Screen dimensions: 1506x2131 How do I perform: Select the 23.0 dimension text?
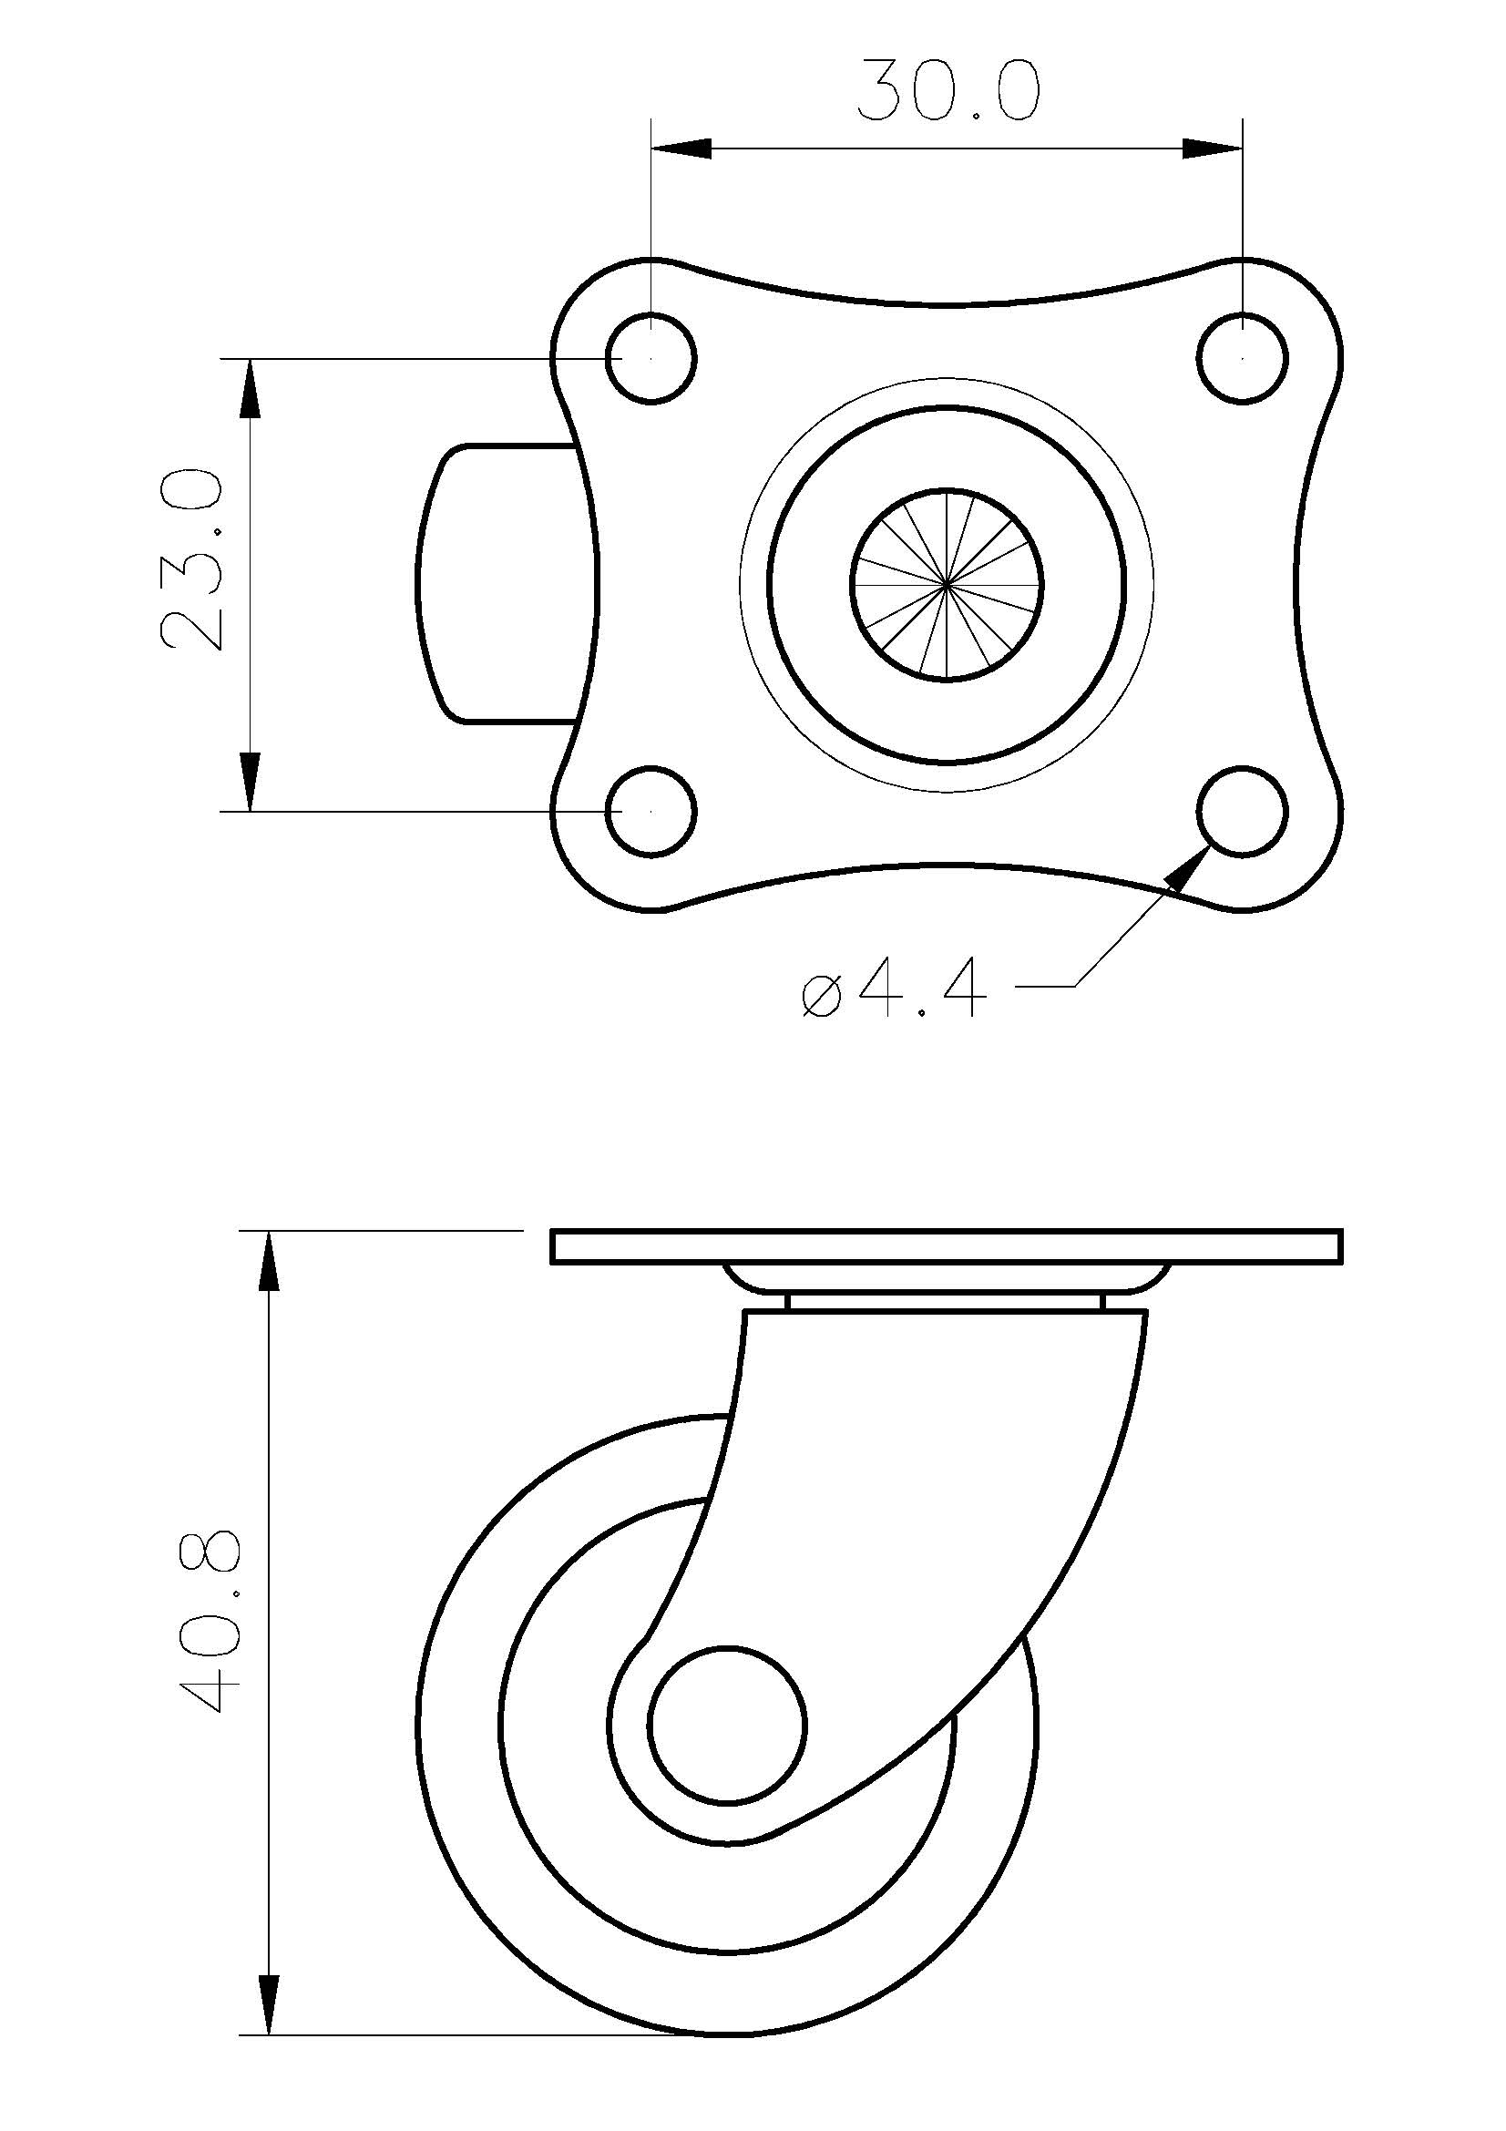192,559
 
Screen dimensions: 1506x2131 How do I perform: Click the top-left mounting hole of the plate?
651,357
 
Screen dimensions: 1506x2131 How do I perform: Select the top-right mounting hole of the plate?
1243,357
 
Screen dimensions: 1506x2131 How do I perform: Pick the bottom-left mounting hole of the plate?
651,810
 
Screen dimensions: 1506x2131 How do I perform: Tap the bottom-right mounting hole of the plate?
1243,810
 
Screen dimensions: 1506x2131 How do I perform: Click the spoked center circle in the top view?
947,584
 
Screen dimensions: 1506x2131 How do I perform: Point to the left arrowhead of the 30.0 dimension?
682,149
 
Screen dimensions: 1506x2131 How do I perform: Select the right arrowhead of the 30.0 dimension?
1212,149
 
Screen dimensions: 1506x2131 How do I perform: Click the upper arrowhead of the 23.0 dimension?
251,389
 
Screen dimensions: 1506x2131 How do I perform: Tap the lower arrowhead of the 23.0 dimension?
251,781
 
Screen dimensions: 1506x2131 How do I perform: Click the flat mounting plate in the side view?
947,1246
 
